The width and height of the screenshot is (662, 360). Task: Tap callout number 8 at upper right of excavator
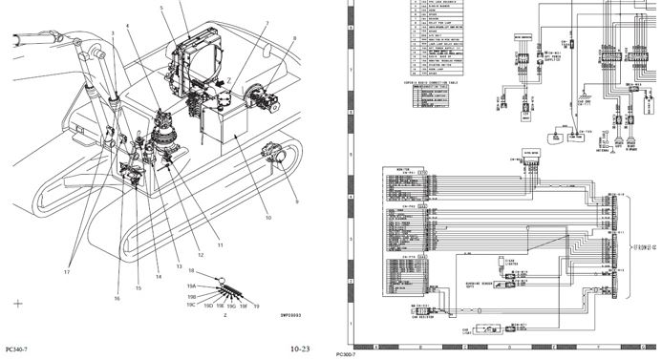294,39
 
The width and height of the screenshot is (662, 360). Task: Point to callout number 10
268,219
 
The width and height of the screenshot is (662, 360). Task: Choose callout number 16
117,298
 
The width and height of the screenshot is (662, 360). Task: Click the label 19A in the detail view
191,286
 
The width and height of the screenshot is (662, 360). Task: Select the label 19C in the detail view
191,305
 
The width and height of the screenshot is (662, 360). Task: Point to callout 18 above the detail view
192,272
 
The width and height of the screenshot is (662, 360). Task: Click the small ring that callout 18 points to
222,280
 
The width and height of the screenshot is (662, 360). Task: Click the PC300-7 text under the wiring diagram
347,354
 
